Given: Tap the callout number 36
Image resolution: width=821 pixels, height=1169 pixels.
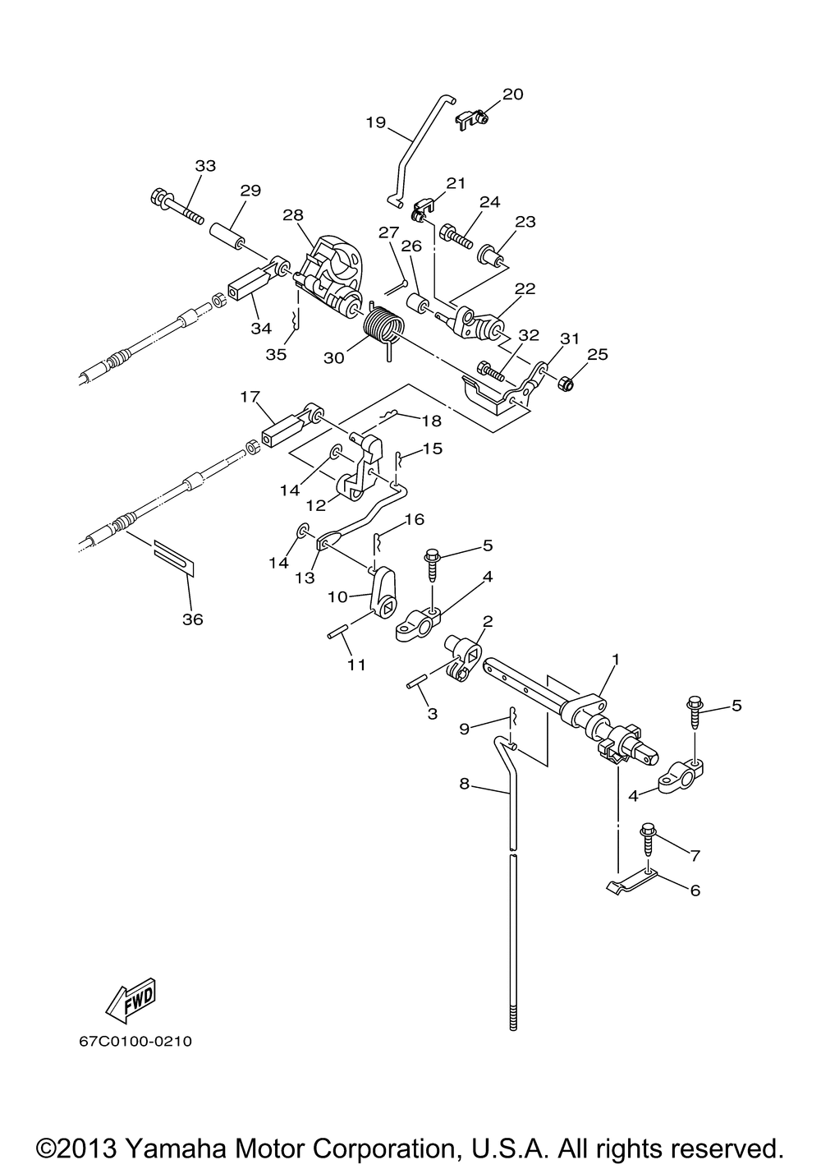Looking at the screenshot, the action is click(192, 619).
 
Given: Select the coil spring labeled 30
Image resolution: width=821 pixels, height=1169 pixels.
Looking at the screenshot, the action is click(384, 328).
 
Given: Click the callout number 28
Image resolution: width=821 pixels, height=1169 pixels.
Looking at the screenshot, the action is click(293, 215).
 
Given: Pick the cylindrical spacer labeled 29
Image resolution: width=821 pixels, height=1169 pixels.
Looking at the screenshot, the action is click(228, 237).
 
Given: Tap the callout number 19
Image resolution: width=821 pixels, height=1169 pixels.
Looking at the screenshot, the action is click(375, 122).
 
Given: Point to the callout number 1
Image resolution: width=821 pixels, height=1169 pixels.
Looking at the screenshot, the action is click(616, 659).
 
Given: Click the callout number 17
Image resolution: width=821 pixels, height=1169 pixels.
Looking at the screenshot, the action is click(250, 397).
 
